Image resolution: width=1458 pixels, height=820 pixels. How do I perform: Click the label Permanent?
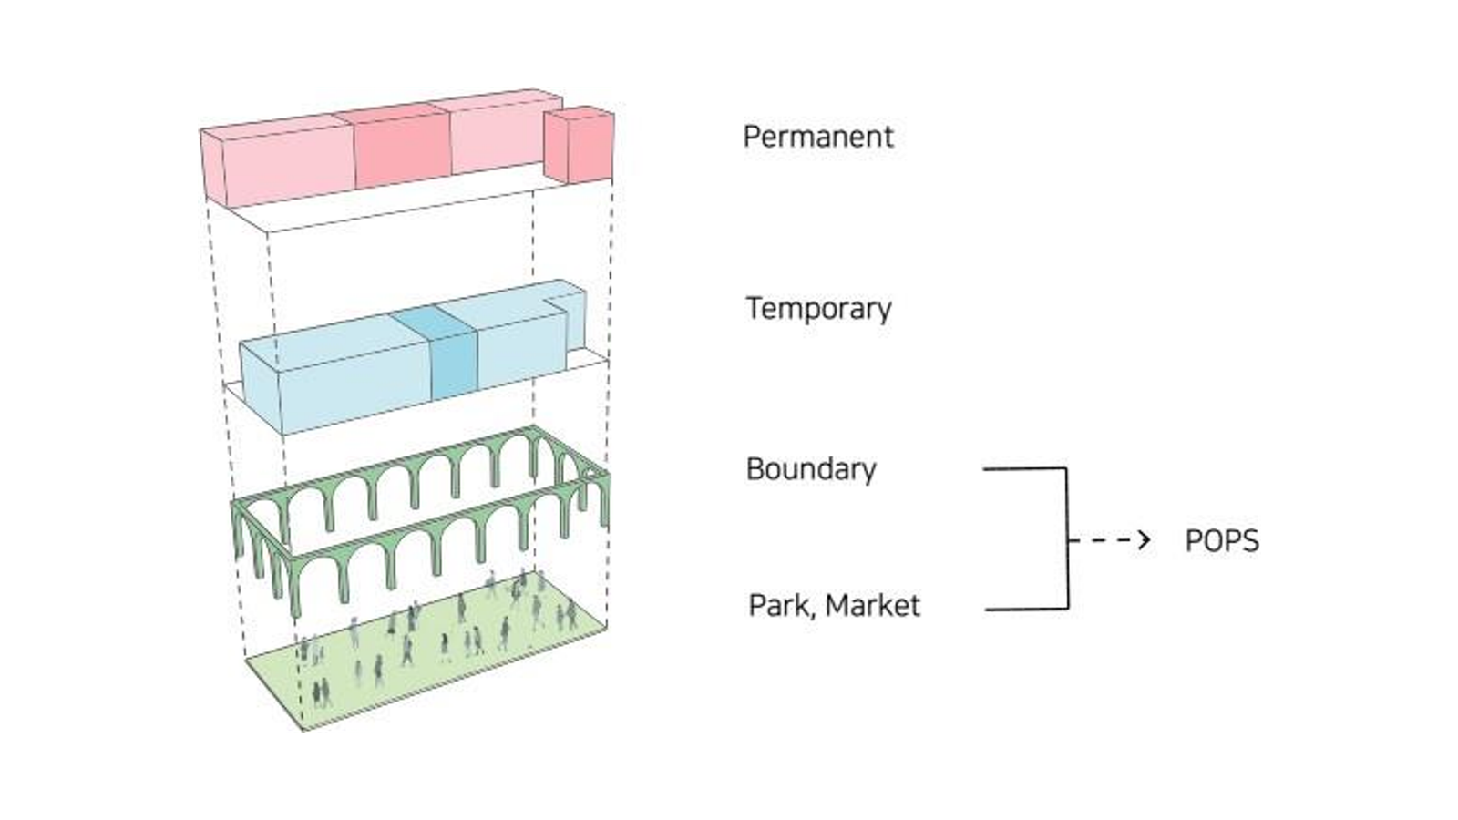818,138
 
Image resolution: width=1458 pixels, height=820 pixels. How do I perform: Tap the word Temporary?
818,309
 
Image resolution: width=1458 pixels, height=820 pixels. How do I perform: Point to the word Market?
873,606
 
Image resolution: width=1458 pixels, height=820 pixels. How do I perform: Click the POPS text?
1222,541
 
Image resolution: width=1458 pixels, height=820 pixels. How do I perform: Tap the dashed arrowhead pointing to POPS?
1145,540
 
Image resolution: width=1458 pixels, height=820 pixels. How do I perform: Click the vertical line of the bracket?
1067,538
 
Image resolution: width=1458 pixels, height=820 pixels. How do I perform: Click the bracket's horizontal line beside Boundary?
1024,468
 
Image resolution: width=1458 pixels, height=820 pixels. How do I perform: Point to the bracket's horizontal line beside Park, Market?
1026,610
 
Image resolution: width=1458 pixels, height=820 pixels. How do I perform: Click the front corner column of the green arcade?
295,586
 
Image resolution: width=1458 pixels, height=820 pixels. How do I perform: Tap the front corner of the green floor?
303,730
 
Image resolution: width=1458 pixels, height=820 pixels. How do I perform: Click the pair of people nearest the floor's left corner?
321,692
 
